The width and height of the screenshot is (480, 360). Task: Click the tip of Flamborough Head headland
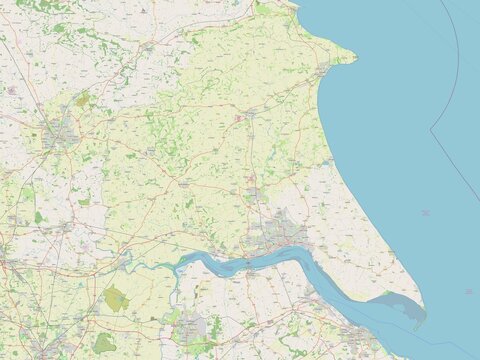[x=355, y=59]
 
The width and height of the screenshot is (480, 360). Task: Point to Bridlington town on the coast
[x=322, y=73]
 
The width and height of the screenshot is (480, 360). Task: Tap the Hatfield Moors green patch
[x=104, y=343]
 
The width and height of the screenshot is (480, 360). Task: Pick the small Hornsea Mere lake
[x=327, y=159]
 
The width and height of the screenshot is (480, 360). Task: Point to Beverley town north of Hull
[x=256, y=193]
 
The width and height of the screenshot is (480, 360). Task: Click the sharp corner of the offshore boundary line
[x=431, y=129]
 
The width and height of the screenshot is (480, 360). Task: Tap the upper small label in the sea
[x=426, y=213]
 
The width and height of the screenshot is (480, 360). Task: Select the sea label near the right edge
[x=468, y=291]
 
